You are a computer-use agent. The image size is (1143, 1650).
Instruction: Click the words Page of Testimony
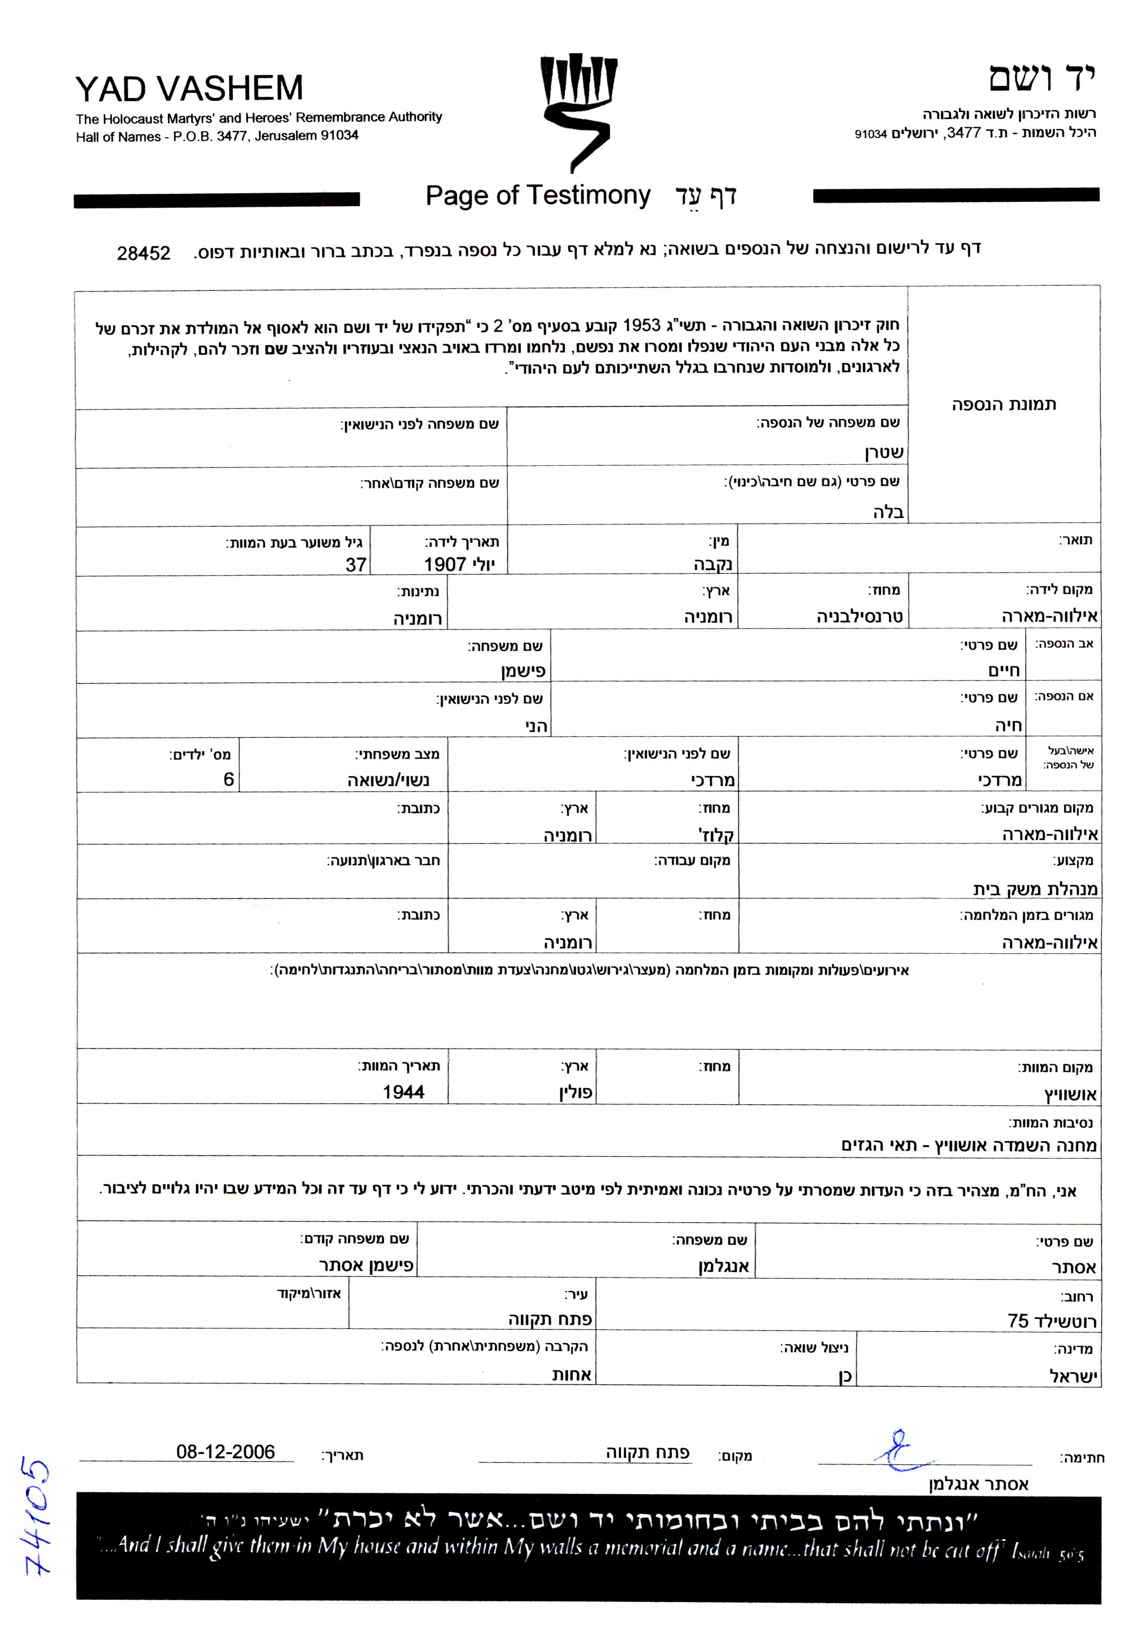(537, 195)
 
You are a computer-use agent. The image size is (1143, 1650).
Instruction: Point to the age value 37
(356, 565)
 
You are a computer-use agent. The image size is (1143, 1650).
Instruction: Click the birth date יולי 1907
(459, 565)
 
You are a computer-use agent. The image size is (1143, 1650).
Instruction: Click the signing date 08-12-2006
(226, 1452)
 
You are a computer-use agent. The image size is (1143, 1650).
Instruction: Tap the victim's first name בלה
(888, 512)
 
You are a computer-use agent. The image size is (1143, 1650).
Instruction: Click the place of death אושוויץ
(1070, 1094)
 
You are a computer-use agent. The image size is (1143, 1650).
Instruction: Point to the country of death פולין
(576, 1093)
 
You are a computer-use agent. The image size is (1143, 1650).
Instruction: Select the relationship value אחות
(571, 1374)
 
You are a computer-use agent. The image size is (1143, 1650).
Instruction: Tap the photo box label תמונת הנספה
(1004, 405)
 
